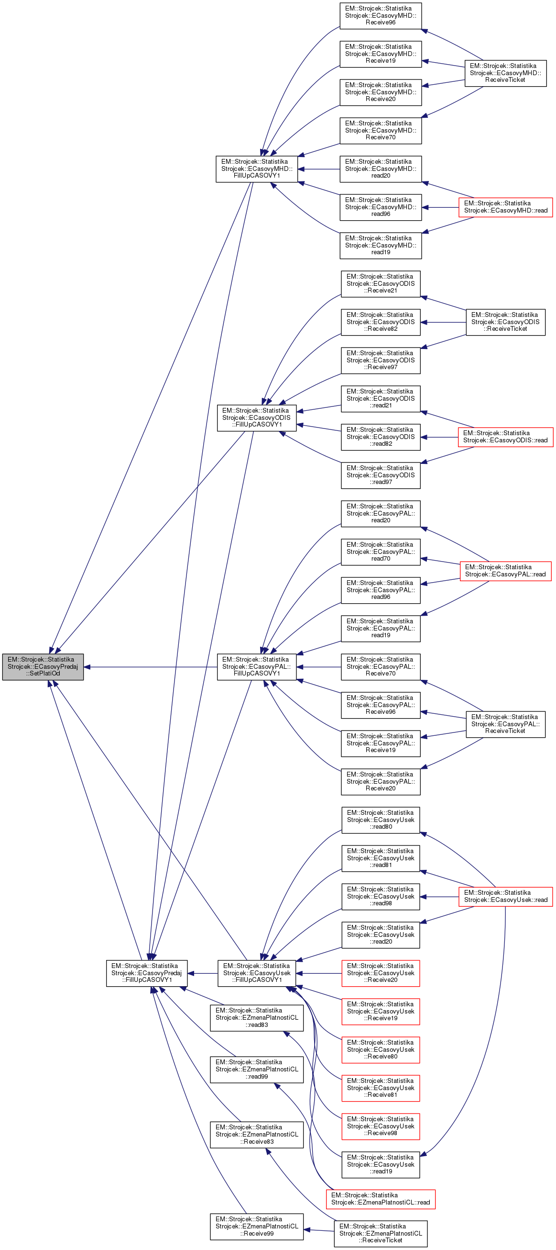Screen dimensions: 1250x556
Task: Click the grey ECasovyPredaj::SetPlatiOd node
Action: coord(43,666)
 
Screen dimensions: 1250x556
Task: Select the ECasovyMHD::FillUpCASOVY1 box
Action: coord(256,169)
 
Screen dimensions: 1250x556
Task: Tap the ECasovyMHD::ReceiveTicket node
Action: coord(505,73)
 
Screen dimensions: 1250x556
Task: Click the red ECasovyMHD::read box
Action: coord(505,207)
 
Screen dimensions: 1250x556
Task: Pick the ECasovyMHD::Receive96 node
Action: coord(380,15)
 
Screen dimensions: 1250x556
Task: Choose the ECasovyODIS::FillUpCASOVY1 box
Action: coord(256,418)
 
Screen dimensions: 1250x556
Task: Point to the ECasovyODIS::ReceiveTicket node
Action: coord(505,322)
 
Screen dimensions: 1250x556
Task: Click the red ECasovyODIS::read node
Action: coord(505,437)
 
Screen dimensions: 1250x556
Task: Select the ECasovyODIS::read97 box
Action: coord(380,475)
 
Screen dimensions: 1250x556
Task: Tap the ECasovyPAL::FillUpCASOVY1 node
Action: coord(256,667)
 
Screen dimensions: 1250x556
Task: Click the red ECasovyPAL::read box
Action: coord(505,571)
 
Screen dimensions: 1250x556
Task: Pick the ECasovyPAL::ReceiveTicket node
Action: coord(505,724)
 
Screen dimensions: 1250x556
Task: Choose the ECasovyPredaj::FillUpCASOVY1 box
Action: coord(146,973)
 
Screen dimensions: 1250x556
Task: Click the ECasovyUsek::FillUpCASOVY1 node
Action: coord(256,973)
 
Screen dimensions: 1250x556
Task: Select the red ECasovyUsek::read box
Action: coord(505,896)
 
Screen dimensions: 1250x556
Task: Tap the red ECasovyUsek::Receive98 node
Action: coord(380,1126)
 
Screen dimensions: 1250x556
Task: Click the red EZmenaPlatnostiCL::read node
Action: coord(380,1199)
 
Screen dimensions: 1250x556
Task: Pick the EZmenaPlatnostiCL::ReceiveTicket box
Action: coord(380,1234)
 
